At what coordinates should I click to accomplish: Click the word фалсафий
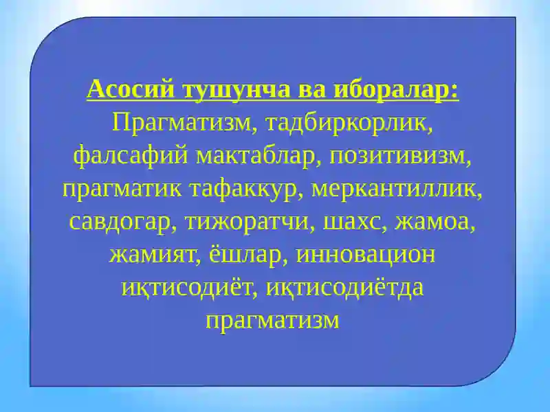click(x=131, y=156)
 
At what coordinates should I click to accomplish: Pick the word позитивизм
click(x=402, y=156)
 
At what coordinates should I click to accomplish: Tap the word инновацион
click(x=366, y=255)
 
